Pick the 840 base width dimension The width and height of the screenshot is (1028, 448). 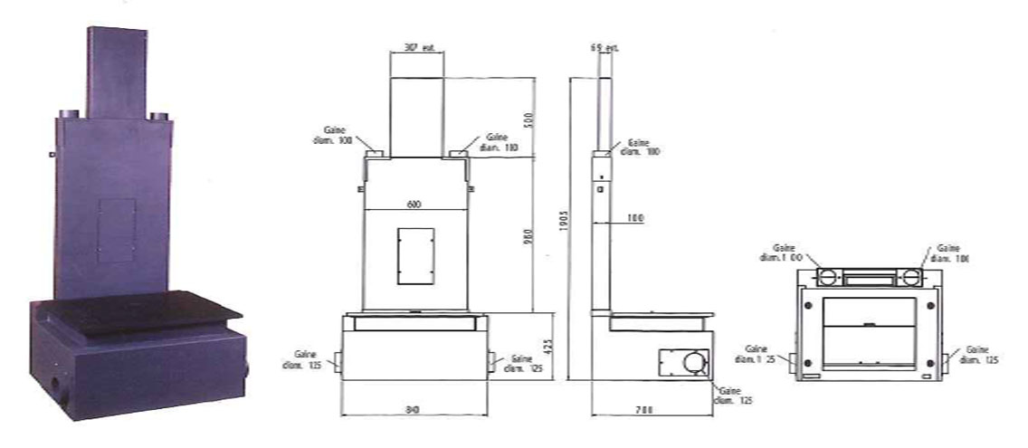414,410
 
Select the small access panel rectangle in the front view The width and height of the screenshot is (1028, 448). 415,256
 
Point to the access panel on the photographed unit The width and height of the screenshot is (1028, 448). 116,230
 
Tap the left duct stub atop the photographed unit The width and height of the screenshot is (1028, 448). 69,115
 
